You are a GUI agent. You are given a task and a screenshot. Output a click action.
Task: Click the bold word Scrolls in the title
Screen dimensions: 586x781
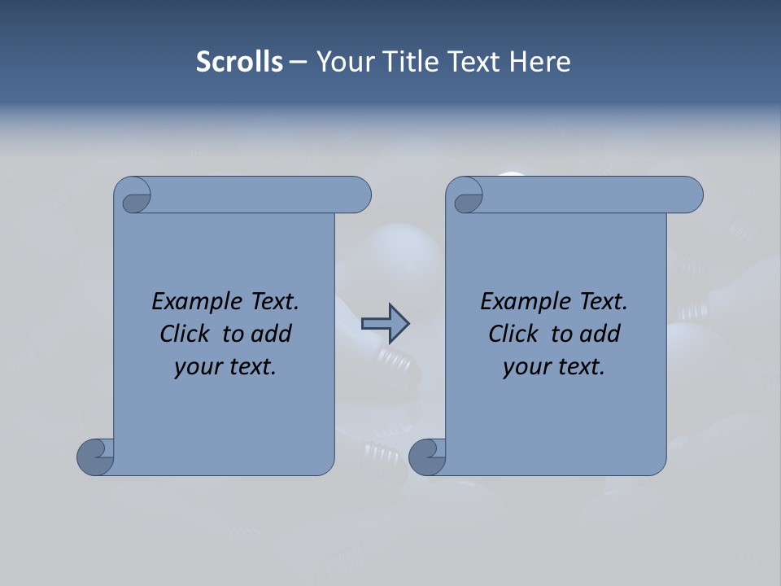[240, 62]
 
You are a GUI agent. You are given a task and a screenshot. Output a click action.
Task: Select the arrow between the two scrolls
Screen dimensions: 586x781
[385, 323]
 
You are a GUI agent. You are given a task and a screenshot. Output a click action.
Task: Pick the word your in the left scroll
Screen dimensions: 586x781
[196, 368]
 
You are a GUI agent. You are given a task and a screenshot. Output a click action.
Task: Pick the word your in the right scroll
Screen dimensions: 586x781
[525, 368]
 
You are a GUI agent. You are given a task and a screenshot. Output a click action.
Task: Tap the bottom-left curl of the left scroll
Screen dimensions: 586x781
[96, 456]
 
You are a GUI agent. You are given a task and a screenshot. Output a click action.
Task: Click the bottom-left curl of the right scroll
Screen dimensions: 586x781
[428, 456]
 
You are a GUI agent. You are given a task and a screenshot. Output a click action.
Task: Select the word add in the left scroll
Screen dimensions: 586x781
[273, 334]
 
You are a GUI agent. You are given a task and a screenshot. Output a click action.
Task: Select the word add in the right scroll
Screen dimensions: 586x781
[601, 334]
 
